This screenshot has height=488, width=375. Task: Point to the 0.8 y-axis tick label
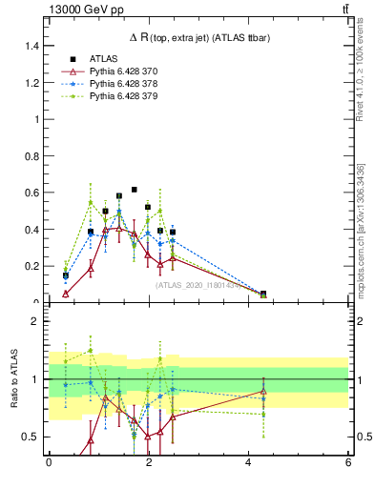(x=33, y=156)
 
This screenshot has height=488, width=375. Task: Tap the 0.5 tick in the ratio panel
(x=31, y=437)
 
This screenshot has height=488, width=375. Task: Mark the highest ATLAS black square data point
(x=135, y=190)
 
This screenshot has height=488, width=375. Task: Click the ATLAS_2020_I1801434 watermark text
(x=198, y=284)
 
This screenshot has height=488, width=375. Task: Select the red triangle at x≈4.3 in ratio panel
(x=263, y=391)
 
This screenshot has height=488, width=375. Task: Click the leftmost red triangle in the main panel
(x=66, y=294)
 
